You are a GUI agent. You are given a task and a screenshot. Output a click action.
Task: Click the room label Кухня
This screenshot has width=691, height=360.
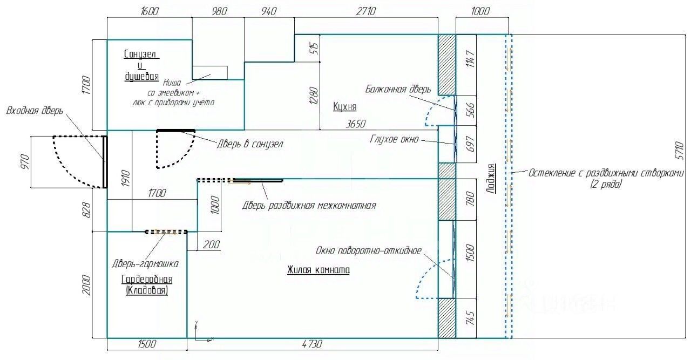point(345,107)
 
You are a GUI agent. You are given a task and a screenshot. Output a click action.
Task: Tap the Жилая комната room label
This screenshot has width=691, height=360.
point(318,270)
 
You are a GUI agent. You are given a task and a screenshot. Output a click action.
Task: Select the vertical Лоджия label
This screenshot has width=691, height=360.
point(491,178)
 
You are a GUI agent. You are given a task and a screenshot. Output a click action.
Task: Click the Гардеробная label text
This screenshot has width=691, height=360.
point(146,279)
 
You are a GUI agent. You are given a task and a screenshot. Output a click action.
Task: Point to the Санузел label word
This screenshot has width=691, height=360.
point(141,54)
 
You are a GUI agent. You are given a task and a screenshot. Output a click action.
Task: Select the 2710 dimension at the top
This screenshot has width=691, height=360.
point(366,11)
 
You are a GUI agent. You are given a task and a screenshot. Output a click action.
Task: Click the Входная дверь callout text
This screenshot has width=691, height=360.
point(35,111)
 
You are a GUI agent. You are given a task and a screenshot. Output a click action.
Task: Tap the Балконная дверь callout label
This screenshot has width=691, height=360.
point(398,89)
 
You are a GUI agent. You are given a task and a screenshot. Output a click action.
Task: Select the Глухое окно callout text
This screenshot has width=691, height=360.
point(394,139)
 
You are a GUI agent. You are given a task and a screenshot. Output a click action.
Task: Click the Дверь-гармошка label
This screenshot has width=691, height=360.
point(145,264)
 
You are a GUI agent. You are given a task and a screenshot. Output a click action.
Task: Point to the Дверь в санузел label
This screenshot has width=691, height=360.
point(250,144)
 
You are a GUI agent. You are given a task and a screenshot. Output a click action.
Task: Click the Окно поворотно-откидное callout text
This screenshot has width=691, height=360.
point(369,250)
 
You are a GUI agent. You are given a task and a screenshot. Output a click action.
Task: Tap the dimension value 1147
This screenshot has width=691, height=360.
point(469,60)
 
